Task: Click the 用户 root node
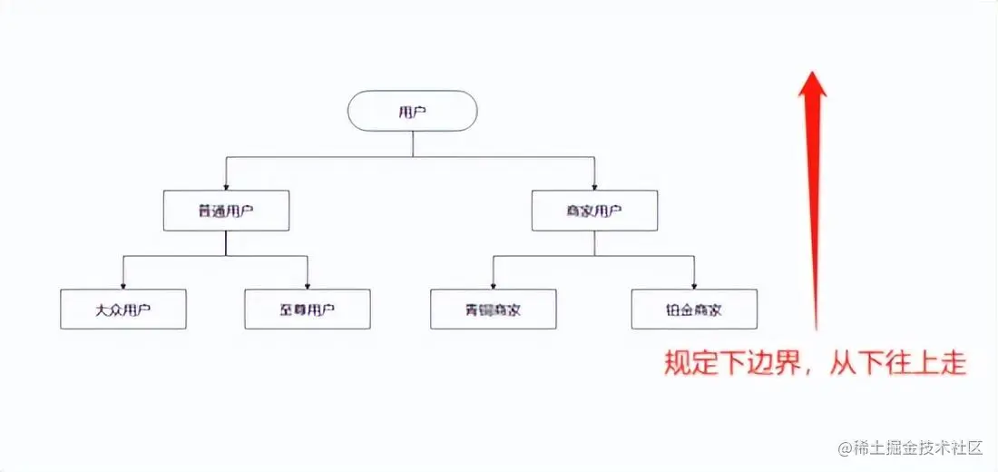click(413, 112)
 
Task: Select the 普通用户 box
click(226, 211)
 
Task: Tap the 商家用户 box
click(594, 211)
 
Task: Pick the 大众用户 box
click(123, 310)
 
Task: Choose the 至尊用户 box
click(308, 310)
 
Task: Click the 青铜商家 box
click(494, 310)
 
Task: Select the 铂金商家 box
click(694, 310)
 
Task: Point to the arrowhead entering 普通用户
click(226, 186)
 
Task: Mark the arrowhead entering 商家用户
click(594, 186)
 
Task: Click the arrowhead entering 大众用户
click(123, 285)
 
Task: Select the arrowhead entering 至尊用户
click(308, 285)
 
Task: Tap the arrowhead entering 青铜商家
click(494, 285)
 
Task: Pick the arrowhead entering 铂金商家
click(694, 285)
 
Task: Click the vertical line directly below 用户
click(413, 143)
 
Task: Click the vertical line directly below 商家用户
click(594, 242)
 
